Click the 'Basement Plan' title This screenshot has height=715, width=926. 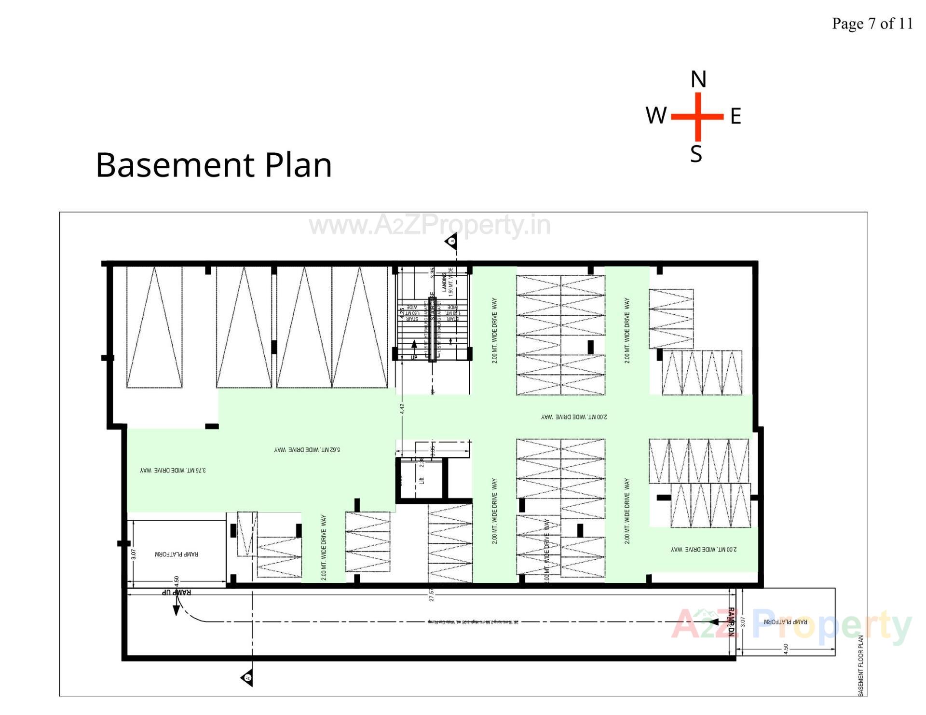[x=214, y=165]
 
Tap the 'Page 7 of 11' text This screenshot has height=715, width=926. [x=872, y=24]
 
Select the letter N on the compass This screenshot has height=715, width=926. [x=698, y=79]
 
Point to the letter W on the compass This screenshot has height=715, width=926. [x=656, y=116]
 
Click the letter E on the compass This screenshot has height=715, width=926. [x=735, y=116]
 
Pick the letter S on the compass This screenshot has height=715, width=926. [x=696, y=154]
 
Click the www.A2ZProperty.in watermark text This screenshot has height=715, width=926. [x=429, y=225]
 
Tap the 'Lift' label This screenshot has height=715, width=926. [x=422, y=480]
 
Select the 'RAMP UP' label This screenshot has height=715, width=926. [x=176, y=592]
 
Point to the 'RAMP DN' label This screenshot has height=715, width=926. [x=731, y=622]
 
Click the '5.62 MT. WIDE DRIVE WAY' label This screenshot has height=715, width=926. [x=307, y=450]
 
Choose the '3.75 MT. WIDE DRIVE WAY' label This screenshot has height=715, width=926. [x=173, y=470]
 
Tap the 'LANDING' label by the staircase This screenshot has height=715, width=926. [x=444, y=282]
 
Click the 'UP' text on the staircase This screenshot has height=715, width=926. [x=414, y=357]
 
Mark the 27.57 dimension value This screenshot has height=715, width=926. [x=432, y=595]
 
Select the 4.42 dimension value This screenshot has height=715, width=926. [x=402, y=409]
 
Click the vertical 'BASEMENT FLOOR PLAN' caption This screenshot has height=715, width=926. [x=861, y=665]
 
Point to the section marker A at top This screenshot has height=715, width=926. [x=452, y=241]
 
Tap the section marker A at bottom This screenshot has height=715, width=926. [x=247, y=678]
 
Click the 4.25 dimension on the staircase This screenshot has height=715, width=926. [x=402, y=312]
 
